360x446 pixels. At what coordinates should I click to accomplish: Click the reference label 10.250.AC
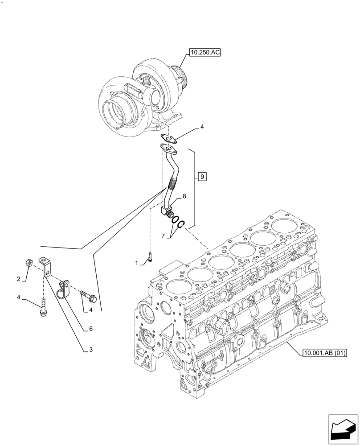pos(205,53)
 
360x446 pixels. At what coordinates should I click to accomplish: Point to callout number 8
pos(184,195)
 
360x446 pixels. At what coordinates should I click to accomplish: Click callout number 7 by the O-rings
pos(164,235)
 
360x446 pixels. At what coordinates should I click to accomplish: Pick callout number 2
pos(19,279)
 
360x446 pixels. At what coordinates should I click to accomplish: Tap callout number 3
pos(90,350)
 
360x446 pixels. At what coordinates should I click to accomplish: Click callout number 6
pos(90,329)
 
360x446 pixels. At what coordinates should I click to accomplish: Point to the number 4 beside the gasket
pos(202,127)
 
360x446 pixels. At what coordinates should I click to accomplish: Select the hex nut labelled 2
pos(28,262)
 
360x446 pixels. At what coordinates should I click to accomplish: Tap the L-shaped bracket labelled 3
pos(46,265)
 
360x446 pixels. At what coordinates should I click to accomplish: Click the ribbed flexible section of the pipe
pos(173,183)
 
